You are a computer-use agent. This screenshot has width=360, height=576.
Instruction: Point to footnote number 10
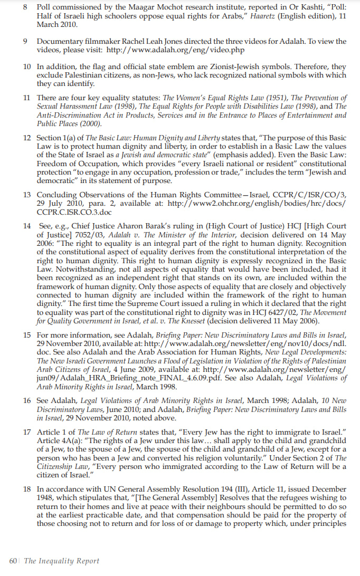(x=26, y=67)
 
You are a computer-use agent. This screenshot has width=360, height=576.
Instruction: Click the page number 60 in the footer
(x=13, y=561)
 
